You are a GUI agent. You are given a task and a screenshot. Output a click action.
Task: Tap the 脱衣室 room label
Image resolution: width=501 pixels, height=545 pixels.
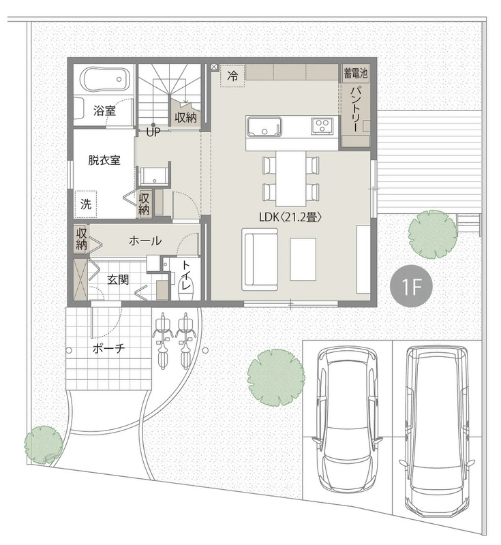point(104,160)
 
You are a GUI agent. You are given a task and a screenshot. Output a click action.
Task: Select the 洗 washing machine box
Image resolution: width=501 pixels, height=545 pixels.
point(86,204)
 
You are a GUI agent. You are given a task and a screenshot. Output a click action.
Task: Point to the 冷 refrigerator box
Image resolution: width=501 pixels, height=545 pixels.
point(232,76)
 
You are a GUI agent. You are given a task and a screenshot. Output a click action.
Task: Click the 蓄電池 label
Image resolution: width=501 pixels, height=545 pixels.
point(355,74)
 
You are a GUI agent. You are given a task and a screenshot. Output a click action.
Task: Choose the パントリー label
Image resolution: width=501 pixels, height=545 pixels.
point(356,109)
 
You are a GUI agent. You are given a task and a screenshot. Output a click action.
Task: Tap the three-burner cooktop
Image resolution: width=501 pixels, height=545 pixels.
point(323,125)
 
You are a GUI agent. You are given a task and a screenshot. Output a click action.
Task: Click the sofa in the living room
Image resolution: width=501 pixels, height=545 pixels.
point(260,259)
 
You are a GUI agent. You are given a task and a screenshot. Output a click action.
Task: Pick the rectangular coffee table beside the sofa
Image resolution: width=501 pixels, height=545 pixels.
point(303,259)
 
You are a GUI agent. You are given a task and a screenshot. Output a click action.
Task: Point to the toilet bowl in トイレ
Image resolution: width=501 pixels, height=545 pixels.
point(186,285)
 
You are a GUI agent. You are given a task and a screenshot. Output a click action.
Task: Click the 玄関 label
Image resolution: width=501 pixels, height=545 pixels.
point(118,279)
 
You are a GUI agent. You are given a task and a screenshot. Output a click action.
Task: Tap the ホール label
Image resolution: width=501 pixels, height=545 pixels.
point(145,240)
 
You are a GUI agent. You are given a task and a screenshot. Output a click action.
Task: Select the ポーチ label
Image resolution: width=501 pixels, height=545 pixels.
point(108,348)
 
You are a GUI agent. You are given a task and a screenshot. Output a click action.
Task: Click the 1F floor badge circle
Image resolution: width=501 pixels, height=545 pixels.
point(411,287)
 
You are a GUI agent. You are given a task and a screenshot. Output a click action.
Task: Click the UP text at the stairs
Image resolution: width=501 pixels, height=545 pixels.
point(153,132)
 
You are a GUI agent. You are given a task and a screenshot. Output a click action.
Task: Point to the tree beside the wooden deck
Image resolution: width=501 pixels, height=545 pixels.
point(433,234)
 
